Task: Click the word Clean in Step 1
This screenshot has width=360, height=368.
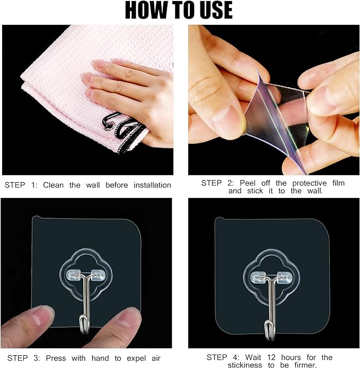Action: pyautogui.click(x=54, y=185)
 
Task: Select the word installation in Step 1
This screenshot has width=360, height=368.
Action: pyautogui.click(x=152, y=185)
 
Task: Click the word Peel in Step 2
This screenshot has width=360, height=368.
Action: pyautogui.click(x=248, y=183)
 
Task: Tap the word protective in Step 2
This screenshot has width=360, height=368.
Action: pyautogui.click(x=310, y=183)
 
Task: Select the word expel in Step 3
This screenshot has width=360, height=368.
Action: pyautogui.click(x=136, y=358)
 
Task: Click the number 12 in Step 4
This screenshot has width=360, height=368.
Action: pyautogui.click(x=271, y=357)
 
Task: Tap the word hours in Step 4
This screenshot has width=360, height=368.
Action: pyautogui.click(x=291, y=357)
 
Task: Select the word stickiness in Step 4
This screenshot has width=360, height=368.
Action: pyautogui.click(x=244, y=365)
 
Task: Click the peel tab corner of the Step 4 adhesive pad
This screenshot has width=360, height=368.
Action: pyautogui.click(x=219, y=219)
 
